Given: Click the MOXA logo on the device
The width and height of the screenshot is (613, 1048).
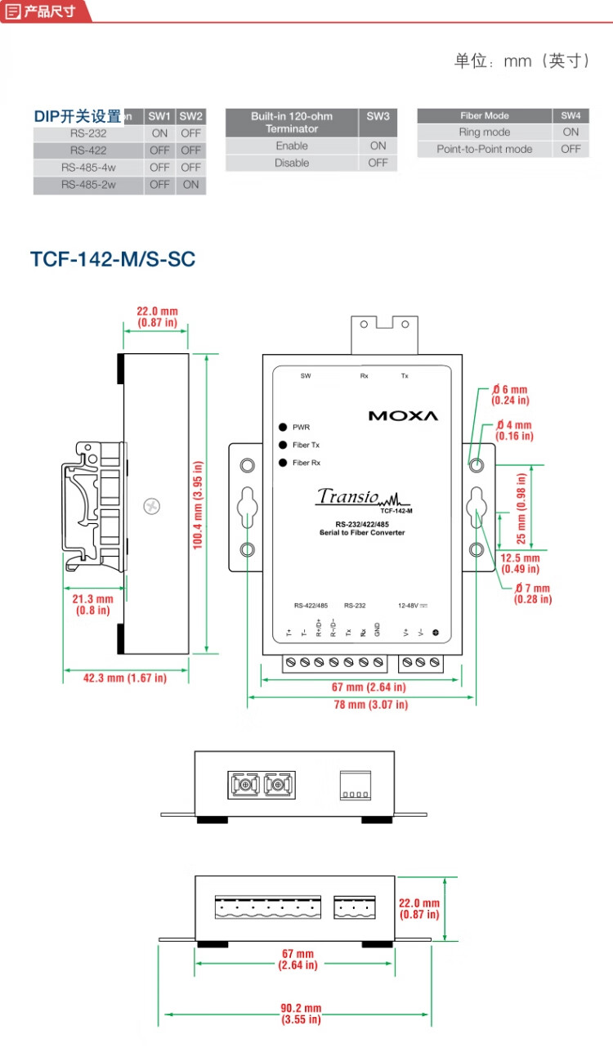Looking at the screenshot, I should tap(403, 415).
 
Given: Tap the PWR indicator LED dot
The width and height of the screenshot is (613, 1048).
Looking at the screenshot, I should tap(283, 428).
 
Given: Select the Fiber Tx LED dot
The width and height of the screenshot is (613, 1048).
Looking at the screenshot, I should tap(283, 446).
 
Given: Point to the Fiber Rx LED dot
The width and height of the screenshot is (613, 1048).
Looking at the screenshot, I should tap(283, 464).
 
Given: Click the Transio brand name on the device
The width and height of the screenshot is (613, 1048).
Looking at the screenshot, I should tap(347, 496).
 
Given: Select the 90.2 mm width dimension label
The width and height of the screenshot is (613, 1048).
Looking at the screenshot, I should tap(301, 1014).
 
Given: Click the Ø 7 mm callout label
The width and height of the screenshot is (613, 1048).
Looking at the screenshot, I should tap(533, 593).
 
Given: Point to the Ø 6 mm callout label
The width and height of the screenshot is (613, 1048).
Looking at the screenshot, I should tap(510, 395).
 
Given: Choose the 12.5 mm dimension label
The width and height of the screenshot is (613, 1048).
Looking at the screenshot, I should tap(520, 563).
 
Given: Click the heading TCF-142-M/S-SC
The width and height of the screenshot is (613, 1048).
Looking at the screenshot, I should tap(113, 259).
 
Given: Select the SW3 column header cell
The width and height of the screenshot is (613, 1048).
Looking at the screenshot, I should tap(378, 116).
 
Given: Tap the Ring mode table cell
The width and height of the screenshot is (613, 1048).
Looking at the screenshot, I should tap(485, 132).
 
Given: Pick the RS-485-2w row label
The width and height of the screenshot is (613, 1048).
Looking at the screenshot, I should tap(88, 185).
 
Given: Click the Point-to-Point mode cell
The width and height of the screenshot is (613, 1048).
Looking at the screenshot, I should tap(485, 149).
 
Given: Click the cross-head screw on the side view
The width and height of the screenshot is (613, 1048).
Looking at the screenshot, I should tap(150, 506).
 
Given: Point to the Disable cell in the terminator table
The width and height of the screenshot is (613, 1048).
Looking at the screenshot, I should tap(292, 163).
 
